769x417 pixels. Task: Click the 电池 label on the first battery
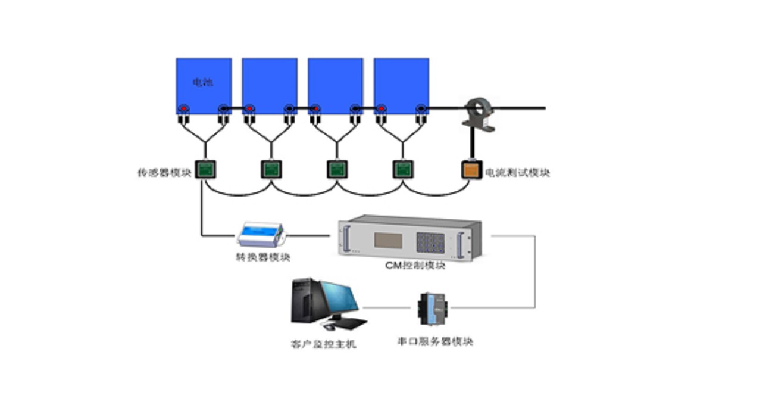coord(203,82)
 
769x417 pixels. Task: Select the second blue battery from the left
coord(270,83)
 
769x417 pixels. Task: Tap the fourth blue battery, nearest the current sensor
coord(401,83)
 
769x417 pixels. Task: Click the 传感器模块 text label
coord(164,173)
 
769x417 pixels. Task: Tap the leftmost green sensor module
coord(206,170)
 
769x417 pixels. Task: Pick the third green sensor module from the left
coord(336,170)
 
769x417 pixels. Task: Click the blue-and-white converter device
coord(261,234)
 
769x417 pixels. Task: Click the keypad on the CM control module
coord(430,241)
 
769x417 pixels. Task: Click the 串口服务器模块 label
coord(435,342)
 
